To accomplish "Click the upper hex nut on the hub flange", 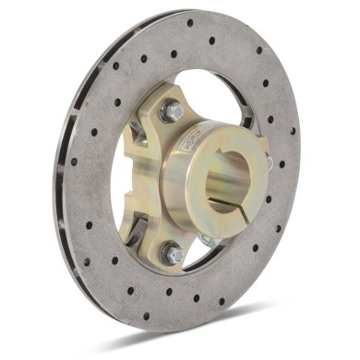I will point(172,111).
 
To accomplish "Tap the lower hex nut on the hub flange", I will point(171,252).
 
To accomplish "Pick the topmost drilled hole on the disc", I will point(190,23).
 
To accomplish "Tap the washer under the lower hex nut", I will point(171,260).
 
